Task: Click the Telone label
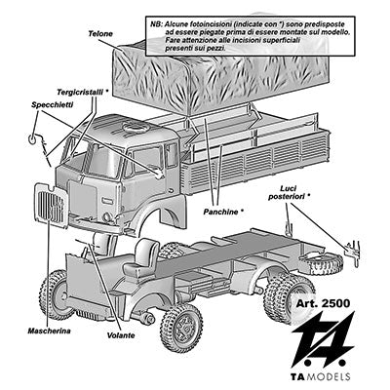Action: [100, 34]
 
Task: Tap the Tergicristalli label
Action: [83, 92]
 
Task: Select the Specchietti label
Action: [53, 104]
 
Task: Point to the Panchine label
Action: [223, 212]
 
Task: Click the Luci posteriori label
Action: [290, 193]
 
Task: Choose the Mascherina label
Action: [49, 331]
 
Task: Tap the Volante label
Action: [121, 335]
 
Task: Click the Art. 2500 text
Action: [324, 303]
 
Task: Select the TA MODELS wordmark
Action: [320, 376]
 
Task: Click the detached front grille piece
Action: [52, 205]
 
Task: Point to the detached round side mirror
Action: [33, 138]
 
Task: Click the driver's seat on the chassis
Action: [141, 258]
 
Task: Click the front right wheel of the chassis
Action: [181, 329]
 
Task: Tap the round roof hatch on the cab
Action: [136, 127]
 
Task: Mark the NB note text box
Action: [250, 36]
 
